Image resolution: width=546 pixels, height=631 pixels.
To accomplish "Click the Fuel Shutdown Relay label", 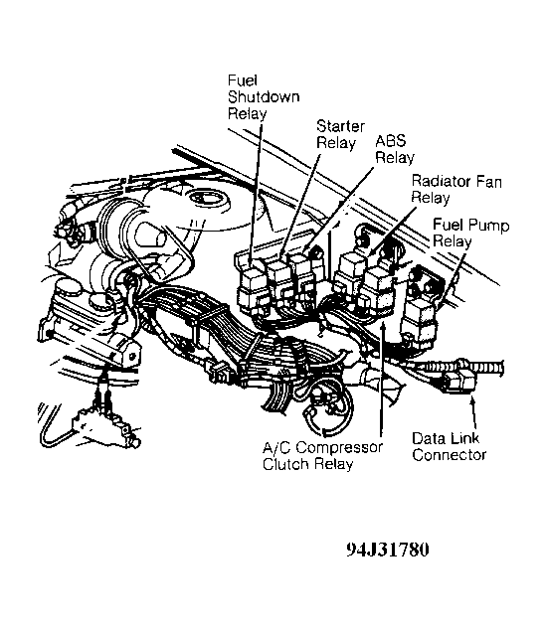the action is [x=264, y=97].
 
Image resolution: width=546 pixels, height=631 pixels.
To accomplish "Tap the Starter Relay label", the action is [x=340, y=134].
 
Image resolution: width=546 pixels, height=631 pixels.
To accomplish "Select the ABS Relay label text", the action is [x=395, y=149].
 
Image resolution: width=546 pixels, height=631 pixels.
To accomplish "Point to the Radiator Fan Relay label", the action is [x=456, y=190].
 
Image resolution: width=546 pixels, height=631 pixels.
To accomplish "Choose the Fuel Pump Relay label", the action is [x=470, y=233].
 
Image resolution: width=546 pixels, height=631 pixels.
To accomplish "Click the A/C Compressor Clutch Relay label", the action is [x=322, y=456].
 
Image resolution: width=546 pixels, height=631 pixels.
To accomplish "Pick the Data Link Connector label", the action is [x=449, y=447].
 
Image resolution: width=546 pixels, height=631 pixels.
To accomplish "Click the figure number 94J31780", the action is [x=388, y=550].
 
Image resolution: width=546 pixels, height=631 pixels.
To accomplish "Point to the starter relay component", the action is [x=279, y=281].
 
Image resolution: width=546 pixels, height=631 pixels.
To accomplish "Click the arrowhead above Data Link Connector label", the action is [x=472, y=399].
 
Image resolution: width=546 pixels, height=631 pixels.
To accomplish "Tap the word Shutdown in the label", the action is [x=264, y=97].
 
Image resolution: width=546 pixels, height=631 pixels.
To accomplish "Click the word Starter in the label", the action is [x=340, y=126].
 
